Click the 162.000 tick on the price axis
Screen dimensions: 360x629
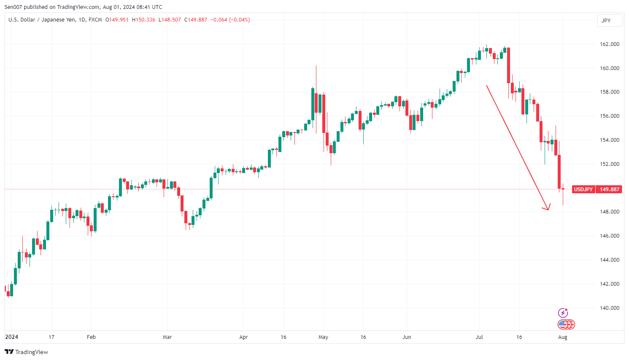click(x=609, y=44)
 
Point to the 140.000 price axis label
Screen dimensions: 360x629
click(x=609, y=308)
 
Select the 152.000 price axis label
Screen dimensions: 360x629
click(x=609, y=164)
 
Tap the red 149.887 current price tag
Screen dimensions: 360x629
click(x=609, y=189)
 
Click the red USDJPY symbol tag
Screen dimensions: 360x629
click(x=583, y=189)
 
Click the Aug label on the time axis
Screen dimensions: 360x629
click(x=562, y=337)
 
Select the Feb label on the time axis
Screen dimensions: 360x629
click(x=91, y=337)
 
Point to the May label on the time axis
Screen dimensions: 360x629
click(x=323, y=337)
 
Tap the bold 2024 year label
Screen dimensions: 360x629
click(x=11, y=337)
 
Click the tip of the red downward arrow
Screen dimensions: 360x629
click(x=548, y=209)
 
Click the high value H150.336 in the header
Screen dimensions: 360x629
click(x=143, y=20)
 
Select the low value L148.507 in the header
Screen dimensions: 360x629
click(x=170, y=20)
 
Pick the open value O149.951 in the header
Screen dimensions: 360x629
click(x=117, y=20)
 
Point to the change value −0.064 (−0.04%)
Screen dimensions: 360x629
click(x=230, y=20)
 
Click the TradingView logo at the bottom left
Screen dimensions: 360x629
click(x=26, y=352)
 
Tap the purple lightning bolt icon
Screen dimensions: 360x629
click(x=563, y=313)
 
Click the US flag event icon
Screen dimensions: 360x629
click(x=563, y=325)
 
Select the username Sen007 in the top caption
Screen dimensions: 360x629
click(x=13, y=7)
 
